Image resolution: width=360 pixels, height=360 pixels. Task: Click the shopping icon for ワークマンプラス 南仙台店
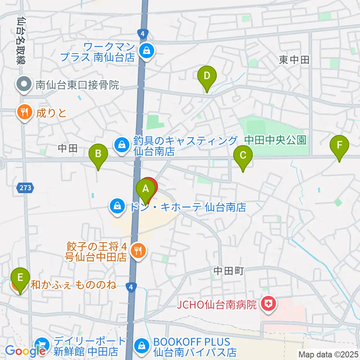click(146, 51)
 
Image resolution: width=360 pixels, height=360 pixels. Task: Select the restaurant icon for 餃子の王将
click(138, 250)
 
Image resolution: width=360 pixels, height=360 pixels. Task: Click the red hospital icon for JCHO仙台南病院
click(269, 304)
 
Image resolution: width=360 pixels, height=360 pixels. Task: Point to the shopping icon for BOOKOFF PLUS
click(142, 346)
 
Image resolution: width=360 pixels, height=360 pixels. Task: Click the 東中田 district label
click(294, 59)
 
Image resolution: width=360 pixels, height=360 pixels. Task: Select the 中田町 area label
click(229, 270)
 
